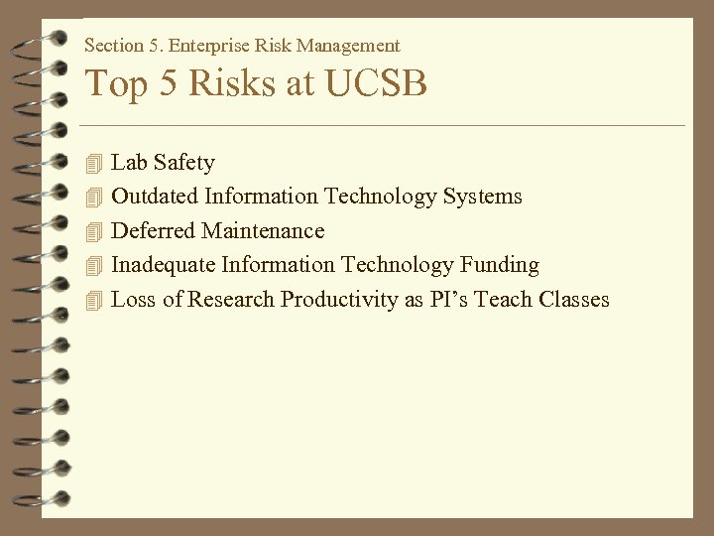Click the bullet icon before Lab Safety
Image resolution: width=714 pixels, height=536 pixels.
pyautogui.click(x=93, y=162)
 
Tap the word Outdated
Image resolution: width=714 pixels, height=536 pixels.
pyautogui.click(x=155, y=197)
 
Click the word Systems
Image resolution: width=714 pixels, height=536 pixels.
pyautogui.click(x=482, y=197)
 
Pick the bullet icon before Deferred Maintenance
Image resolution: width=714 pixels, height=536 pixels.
pyautogui.click(x=93, y=231)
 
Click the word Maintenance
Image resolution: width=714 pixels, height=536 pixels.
pyautogui.click(x=263, y=231)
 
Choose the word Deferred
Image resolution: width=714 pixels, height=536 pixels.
pyautogui.click(x=153, y=231)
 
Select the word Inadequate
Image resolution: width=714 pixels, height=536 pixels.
pyautogui.click(x=163, y=265)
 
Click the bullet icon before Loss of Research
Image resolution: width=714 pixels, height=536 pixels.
pyautogui.click(x=93, y=300)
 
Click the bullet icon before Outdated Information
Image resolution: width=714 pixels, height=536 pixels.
pyautogui.click(x=93, y=197)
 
